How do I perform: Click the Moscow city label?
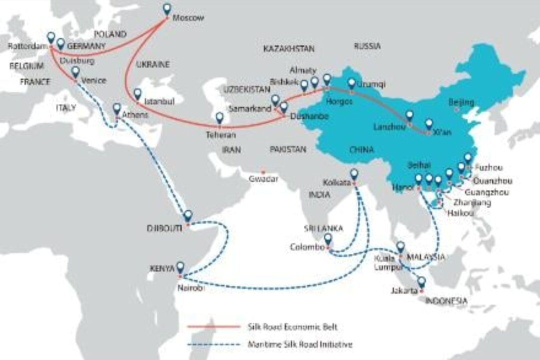tap(188, 18)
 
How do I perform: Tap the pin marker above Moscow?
tap(167, 9)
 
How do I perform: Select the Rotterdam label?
tap(23, 46)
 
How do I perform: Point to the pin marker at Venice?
tap(75, 72)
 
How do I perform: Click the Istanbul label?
tap(159, 101)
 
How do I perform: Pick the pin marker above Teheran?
tap(219, 118)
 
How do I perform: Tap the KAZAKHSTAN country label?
tap(288, 48)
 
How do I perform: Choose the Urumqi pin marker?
tap(352, 83)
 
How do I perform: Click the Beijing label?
tap(461, 102)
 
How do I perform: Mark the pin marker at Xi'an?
tap(429, 124)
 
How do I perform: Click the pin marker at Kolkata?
tap(354, 174)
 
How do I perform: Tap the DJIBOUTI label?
tap(164, 227)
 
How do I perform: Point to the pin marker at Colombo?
tap(328, 239)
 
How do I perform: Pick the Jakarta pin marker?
tap(422, 282)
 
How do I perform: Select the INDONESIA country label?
tap(446, 301)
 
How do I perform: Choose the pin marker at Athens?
tap(117, 109)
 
